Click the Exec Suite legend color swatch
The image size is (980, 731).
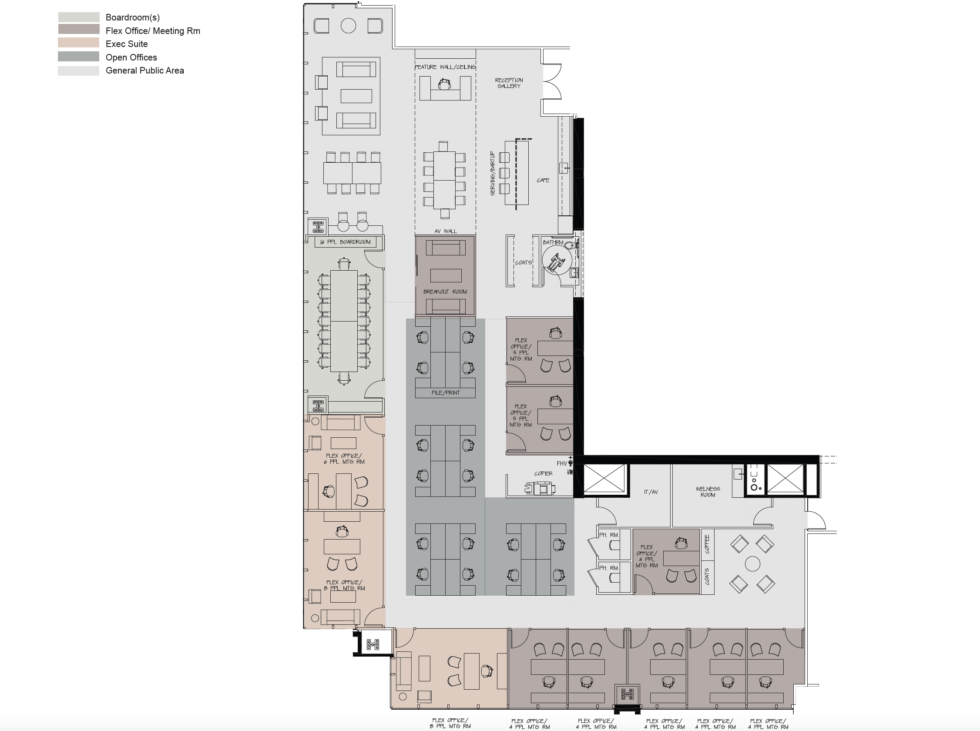pos(78,43)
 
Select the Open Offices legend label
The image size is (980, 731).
pos(131,57)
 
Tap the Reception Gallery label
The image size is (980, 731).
pos(509,83)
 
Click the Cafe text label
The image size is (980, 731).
pos(543,180)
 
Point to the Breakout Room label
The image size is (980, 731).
pos(445,292)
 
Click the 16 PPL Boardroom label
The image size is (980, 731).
pos(346,242)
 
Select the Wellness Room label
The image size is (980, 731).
pos(708,492)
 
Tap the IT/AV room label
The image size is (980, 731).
pos(651,492)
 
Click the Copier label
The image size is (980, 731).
pos(544,473)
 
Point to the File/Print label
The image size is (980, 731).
pos(446,392)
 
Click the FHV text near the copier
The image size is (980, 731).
pos(561,463)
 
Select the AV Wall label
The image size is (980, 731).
pos(446,231)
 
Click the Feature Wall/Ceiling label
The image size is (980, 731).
pos(445,67)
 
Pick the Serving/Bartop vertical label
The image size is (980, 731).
pos(492,173)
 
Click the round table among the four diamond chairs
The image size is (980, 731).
pos(752,564)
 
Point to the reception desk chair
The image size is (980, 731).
pos(444,84)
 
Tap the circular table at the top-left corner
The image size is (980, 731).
pos(348,26)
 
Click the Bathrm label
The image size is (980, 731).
pos(553,242)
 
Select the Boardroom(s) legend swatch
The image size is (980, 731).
pos(78,17)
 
